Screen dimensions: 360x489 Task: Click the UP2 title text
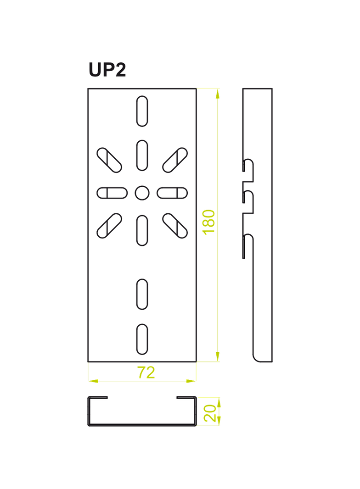[107, 70]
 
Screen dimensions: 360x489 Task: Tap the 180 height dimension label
[208, 222]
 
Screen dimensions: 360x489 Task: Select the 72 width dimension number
[146, 372]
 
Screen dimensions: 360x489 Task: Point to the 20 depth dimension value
[210, 413]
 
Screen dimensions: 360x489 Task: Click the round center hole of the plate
[142, 193]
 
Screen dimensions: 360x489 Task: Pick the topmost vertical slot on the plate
[142, 111]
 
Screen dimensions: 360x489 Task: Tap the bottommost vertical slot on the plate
[142, 339]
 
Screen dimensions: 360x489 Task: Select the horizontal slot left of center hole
[112, 193]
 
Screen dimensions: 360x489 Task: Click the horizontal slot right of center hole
[172, 193]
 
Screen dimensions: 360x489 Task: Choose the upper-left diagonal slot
[109, 160]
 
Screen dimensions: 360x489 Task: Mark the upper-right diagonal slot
[175, 160]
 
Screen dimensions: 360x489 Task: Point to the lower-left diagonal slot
[109, 226]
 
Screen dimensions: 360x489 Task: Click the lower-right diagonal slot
[175, 226]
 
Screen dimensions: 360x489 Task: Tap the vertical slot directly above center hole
[142, 156]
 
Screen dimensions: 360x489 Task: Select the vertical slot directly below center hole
[142, 230]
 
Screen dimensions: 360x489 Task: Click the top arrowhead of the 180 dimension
[218, 93]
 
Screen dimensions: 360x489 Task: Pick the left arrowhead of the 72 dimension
[93, 381]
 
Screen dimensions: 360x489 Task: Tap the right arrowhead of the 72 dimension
[191, 381]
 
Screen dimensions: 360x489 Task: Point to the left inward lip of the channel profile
[98, 398]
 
